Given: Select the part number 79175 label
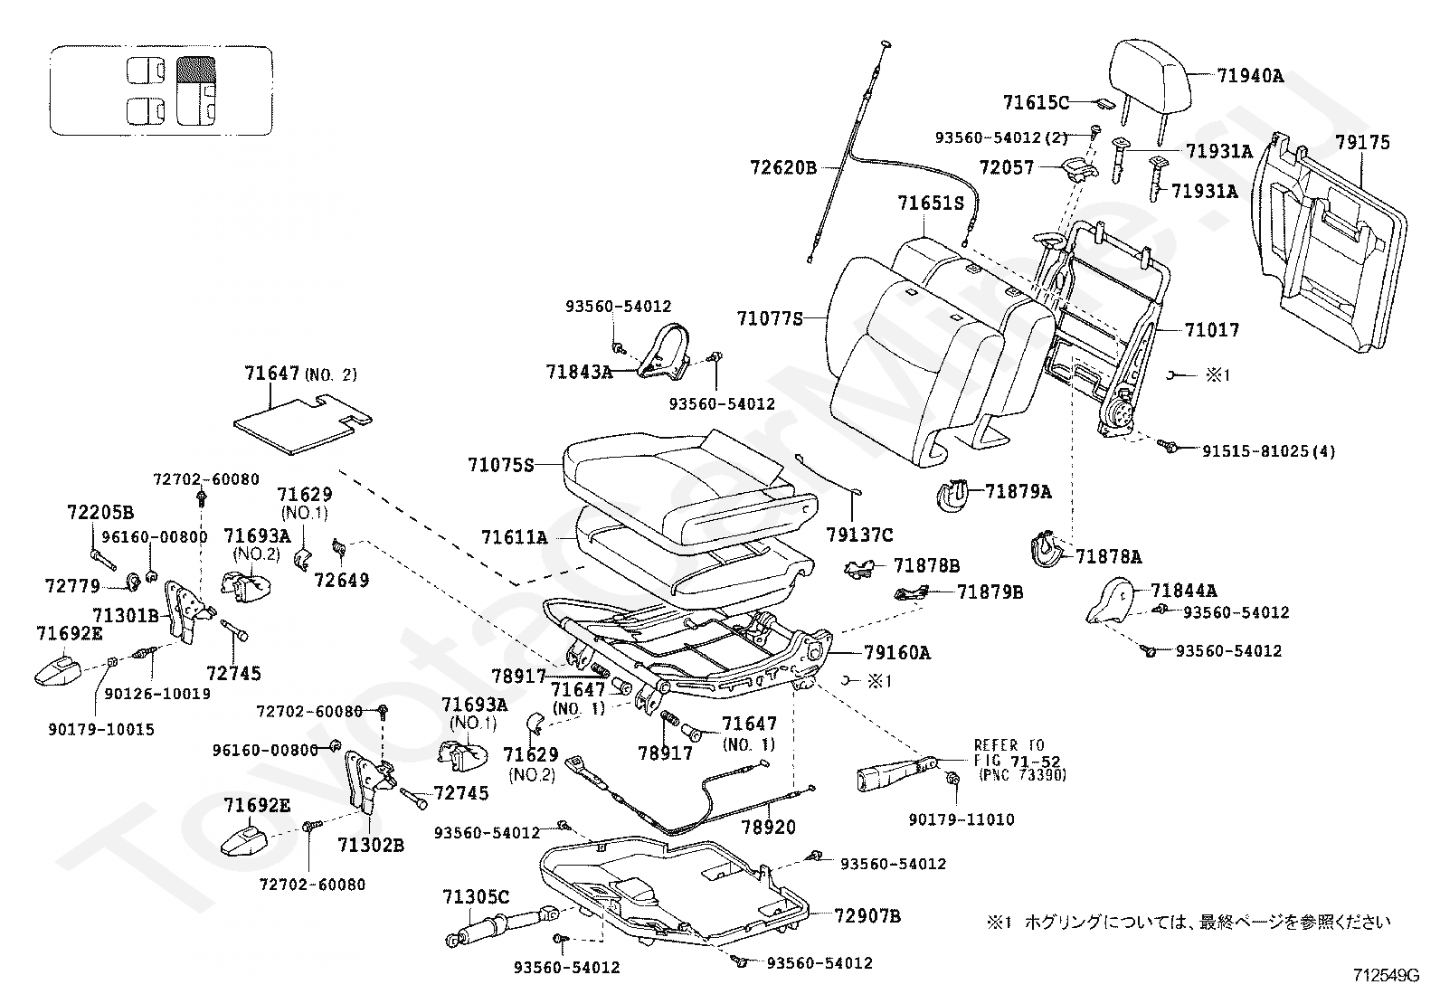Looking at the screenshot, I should click(x=1362, y=143).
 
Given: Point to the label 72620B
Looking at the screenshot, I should click(x=782, y=167).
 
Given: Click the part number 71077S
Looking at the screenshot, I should click(x=770, y=318).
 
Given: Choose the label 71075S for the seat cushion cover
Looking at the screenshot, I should click(x=501, y=465).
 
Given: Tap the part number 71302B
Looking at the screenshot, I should click(x=371, y=846).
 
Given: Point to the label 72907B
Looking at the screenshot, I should click(x=867, y=916).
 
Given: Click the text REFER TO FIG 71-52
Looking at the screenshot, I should click(x=1017, y=754).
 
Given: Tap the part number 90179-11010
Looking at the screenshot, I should click(x=961, y=819).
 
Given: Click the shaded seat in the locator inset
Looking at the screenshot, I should click(x=195, y=90).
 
